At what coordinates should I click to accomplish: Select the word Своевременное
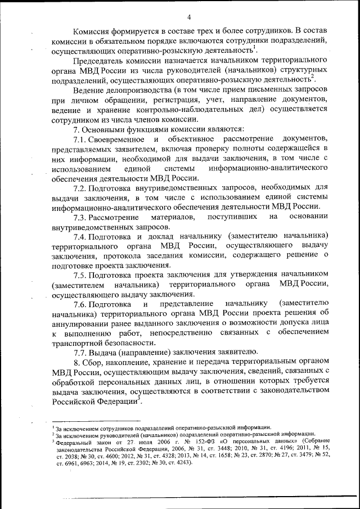click(x=116, y=139)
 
